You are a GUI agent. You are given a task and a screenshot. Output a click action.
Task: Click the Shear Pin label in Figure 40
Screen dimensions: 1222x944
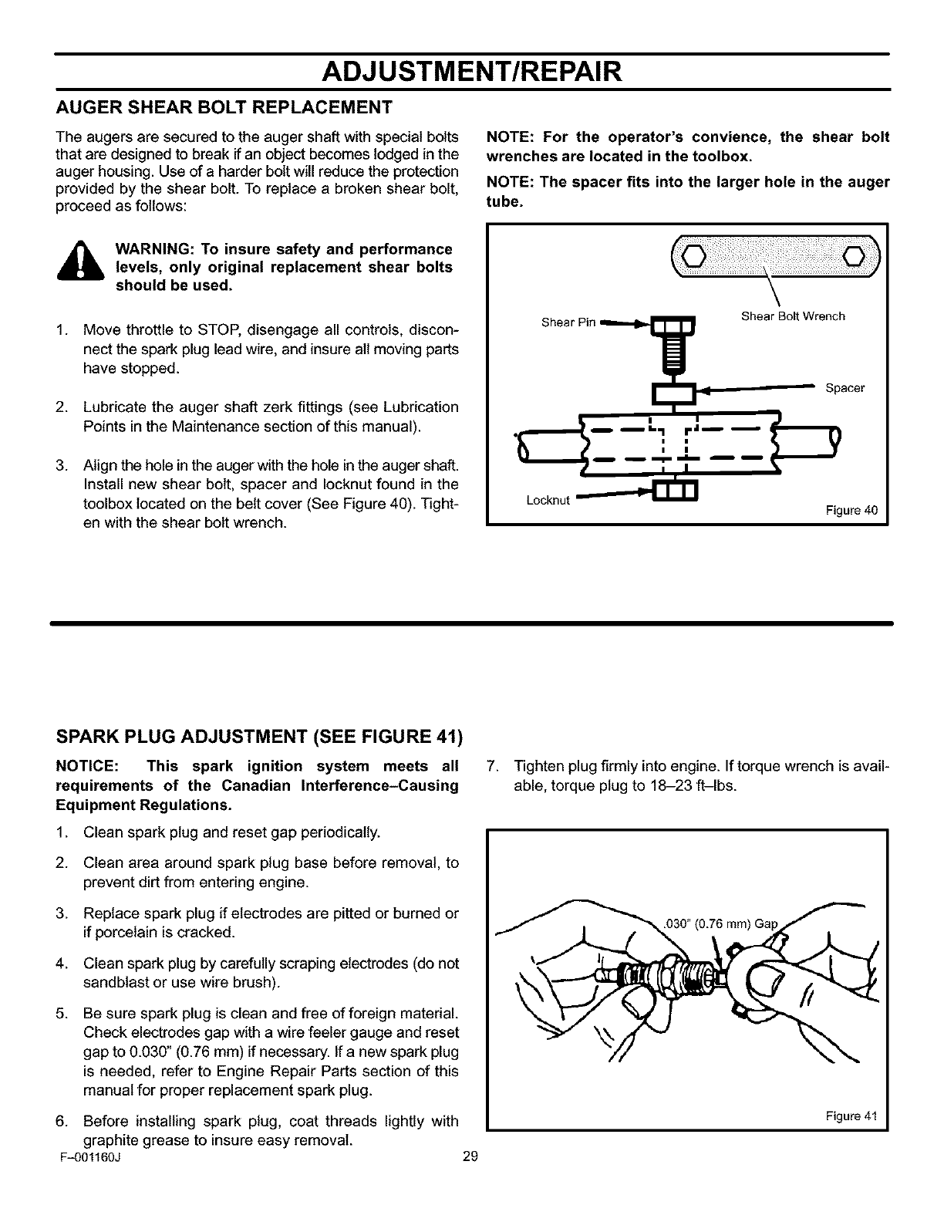(x=568, y=322)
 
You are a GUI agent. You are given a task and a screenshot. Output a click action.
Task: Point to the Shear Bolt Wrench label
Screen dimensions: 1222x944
(x=792, y=316)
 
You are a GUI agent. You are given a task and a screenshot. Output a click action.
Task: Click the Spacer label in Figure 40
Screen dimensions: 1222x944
(x=845, y=388)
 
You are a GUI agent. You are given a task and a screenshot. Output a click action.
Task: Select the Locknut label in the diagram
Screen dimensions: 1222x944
(x=547, y=500)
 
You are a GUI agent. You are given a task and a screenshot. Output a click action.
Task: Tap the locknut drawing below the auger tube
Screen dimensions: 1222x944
(x=675, y=490)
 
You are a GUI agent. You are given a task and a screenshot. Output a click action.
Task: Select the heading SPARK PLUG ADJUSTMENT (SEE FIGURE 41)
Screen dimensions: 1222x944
(x=259, y=737)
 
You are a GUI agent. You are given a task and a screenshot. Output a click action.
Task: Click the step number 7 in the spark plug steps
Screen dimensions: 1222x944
(x=496, y=767)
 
